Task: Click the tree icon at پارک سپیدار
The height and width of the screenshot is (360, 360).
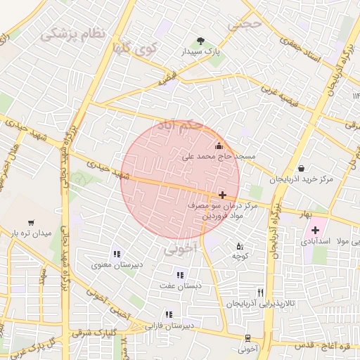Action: pos(202,40)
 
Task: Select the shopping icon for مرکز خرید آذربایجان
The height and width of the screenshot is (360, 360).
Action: pos(302,168)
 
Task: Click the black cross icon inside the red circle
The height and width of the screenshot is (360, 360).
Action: pos(223,195)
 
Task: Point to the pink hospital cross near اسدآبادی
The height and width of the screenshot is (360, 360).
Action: pos(315,230)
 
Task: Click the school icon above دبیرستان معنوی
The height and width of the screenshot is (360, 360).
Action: pos(117,254)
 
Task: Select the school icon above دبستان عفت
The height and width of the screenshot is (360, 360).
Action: pos(180,275)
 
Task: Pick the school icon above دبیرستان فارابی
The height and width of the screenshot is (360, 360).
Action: pos(168,315)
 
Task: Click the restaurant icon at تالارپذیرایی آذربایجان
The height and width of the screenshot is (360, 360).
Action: pos(261,292)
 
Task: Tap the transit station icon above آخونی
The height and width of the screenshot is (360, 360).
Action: pos(247,337)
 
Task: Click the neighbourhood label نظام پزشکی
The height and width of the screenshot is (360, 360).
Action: pos(72,33)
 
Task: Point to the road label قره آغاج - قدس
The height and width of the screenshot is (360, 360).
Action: pos(326,346)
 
